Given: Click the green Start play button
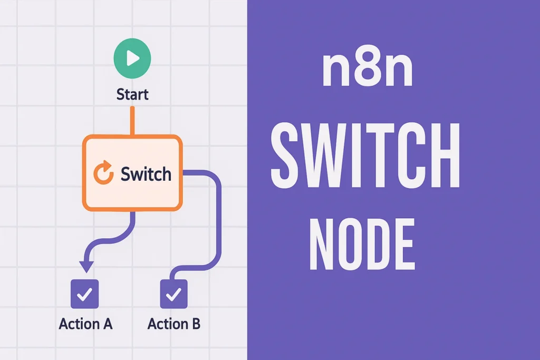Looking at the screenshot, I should pyautogui.click(x=132, y=58).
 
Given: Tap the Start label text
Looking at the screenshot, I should pyautogui.click(x=132, y=95).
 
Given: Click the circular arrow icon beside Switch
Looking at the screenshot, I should pyautogui.click(x=103, y=173).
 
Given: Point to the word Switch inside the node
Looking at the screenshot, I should pyautogui.click(x=146, y=173).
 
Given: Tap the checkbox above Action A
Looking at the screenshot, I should pyautogui.click(x=84, y=293).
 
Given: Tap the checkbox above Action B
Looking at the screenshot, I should pyautogui.click(x=173, y=293).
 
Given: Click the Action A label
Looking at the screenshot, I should pyautogui.click(x=85, y=324).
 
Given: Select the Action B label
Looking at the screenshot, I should pyautogui.click(x=174, y=324).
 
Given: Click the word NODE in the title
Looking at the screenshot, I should pyautogui.click(x=361, y=245).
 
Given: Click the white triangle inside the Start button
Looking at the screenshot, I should pyautogui.click(x=133, y=58).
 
